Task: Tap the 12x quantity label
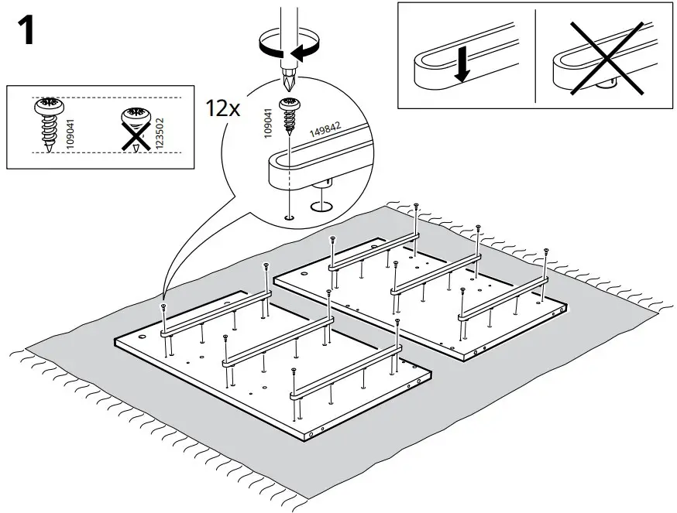tap(222, 108)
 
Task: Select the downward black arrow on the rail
tap(462, 68)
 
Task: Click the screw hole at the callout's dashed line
tap(289, 219)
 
